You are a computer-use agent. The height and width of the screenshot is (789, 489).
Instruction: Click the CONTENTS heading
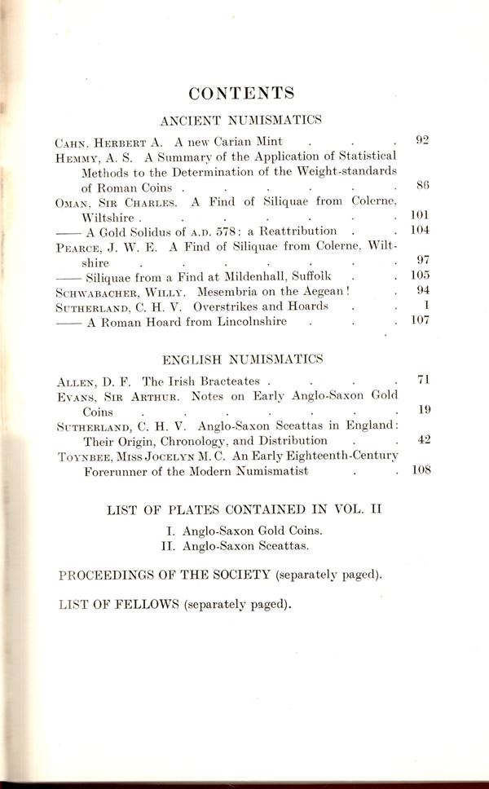click(240, 91)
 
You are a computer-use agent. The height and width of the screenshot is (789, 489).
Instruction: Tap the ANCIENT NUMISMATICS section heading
click(240, 121)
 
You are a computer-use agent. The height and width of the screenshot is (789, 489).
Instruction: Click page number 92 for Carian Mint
click(421, 140)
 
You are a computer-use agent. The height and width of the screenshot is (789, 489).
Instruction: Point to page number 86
click(422, 187)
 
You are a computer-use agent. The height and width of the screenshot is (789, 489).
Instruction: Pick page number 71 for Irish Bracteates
click(422, 380)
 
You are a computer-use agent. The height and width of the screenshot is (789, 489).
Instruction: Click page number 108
click(419, 470)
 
